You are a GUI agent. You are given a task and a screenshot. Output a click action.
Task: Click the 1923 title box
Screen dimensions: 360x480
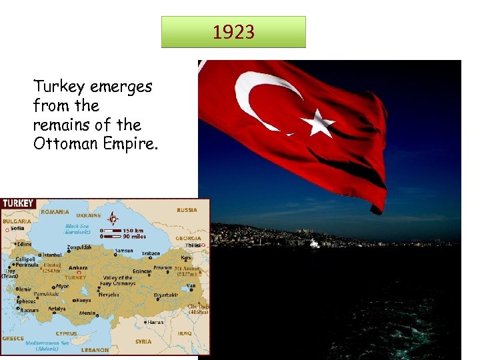[x=233, y=32]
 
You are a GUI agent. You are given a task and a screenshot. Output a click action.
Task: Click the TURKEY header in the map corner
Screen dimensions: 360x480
[x=17, y=204]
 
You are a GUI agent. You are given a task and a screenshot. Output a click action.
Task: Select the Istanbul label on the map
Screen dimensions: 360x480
[x=53, y=255]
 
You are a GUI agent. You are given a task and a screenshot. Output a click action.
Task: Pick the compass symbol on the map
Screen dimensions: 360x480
[x=114, y=219]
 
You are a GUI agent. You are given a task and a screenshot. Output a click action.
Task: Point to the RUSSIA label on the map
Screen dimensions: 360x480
[x=187, y=210]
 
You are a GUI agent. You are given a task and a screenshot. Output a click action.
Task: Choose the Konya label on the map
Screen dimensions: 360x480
[x=83, y=300]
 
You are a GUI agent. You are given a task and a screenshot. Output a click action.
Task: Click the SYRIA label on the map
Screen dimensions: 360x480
[x=143, y=341]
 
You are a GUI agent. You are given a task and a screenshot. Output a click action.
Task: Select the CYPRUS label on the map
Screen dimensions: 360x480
[x=66, y=333]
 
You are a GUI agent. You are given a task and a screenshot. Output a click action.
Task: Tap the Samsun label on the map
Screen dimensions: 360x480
[x=124, y=252]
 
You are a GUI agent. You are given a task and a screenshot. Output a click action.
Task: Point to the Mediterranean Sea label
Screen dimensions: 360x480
[x=47, y=343]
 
